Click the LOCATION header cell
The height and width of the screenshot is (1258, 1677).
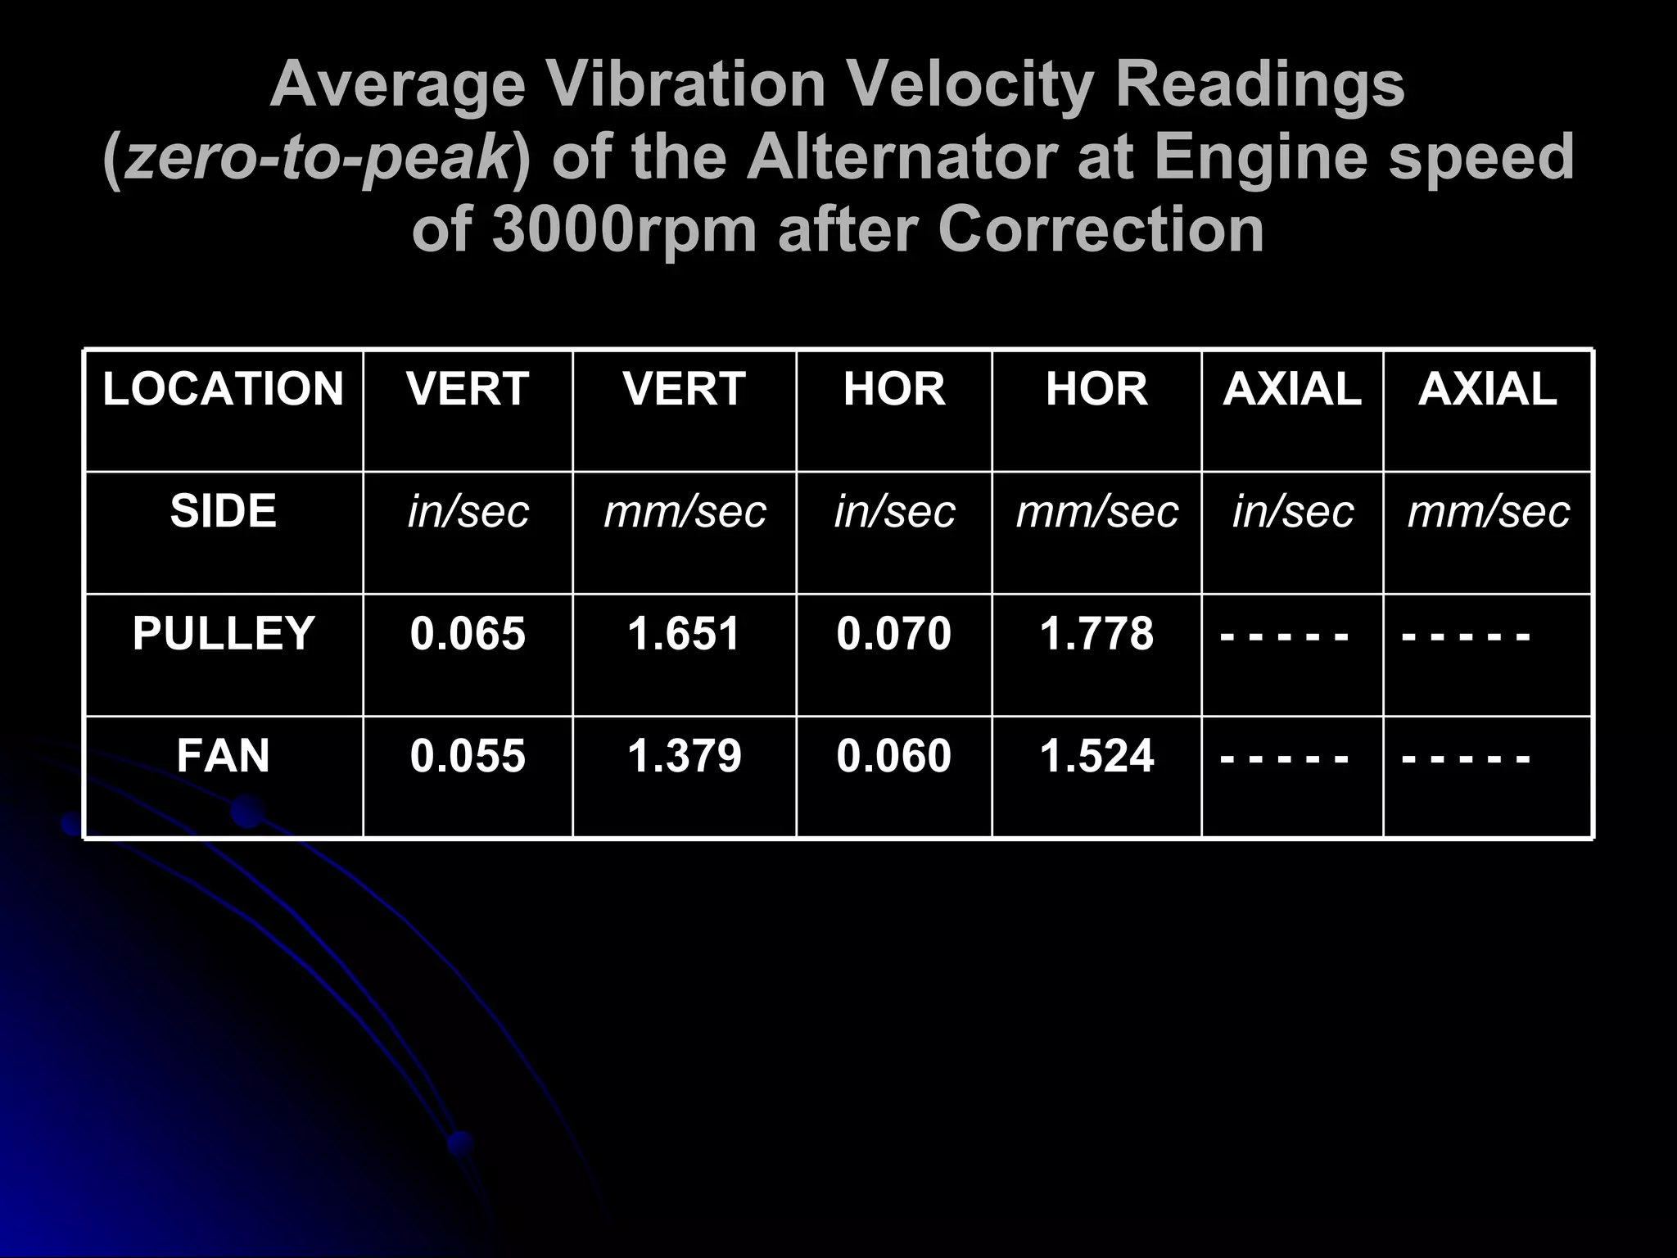[223, 389]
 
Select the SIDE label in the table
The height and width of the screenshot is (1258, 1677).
[223, 512]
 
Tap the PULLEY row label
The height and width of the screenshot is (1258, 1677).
[223, 634]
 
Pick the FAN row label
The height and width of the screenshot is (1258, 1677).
[223, 756]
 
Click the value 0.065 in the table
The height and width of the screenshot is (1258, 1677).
[468, 634]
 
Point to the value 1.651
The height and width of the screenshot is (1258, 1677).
[684, 634]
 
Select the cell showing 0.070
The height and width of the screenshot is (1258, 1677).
[893, 634]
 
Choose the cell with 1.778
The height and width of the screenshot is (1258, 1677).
[1096, 634]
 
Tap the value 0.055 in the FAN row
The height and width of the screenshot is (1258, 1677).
[468, 756]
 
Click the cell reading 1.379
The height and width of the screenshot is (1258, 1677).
[684, 756]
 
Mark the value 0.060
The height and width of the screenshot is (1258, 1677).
[893, 756]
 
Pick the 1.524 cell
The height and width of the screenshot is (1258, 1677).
[1096, 756]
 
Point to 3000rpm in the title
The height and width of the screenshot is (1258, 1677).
[624, 230]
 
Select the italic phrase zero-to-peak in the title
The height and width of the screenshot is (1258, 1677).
[319, 158]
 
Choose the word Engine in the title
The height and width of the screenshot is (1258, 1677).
[1259, 158]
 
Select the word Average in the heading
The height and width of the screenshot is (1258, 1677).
[397, 84]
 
